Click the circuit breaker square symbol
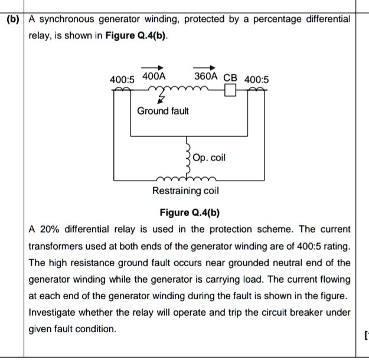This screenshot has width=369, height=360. point(230,90)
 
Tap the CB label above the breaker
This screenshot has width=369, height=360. point(230,78)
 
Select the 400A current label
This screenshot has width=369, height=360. point(154,76)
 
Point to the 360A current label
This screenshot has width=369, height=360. point(206,76)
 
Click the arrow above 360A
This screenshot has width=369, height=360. point(206,67)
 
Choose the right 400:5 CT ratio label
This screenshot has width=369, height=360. point(256,79)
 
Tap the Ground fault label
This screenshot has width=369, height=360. point(163,111)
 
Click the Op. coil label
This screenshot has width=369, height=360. point(210,158)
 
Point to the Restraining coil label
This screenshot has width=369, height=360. point(185,191)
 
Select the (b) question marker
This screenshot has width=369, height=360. point(12,19)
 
